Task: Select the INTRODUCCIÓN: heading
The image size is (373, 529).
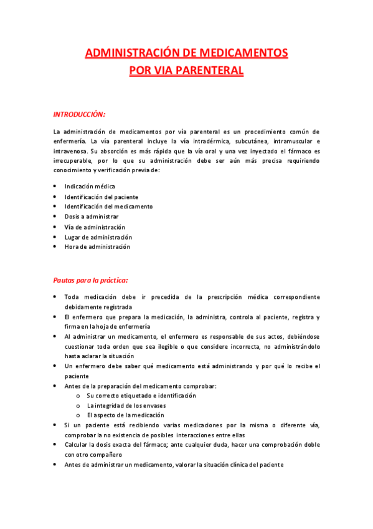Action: tap(79, 114)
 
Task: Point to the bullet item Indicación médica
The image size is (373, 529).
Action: tap(90, 187)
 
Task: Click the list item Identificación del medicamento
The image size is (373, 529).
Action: tap(108, 206)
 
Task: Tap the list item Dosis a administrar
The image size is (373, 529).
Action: tap(92, 216)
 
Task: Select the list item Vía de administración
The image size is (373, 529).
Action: tap(95, 227)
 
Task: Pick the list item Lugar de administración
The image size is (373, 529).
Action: tap(98, 237)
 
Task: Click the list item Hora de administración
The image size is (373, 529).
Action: tap(97, 247)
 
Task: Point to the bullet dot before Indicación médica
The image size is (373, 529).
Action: tap(55, 187)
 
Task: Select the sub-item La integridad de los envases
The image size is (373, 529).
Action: tap(126, 405)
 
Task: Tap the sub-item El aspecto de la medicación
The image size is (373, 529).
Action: tap(125, 415)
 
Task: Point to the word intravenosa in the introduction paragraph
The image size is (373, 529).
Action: tap(70, 151)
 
